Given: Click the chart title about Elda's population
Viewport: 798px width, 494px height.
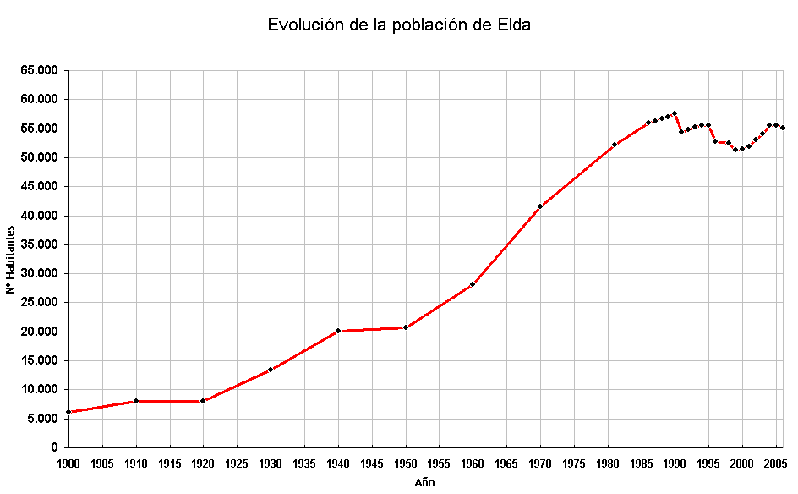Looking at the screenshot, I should [x=399, y=25].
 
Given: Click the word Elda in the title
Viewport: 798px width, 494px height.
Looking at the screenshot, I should [x=514, y=25].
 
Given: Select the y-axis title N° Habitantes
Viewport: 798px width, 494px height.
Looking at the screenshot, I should [x=10, y=259].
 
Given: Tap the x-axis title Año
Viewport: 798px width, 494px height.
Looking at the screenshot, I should [x=425, y=483].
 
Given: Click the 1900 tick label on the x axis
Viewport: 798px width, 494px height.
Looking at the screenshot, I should [x=68, y=464].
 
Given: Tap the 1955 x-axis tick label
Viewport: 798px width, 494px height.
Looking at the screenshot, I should [x=439, y=464].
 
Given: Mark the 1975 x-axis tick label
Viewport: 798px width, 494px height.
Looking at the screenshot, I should [x=574, y=464].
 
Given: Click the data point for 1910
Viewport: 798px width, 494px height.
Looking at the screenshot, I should [x=136, y=401].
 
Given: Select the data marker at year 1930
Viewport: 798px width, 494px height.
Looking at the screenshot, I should [x=271, y=370].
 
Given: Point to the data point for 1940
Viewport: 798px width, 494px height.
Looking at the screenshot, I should [x=338, y=331].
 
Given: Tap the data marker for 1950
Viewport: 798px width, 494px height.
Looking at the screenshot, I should [x=406, y=327].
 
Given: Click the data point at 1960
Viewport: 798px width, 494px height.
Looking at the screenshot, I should [x=473, y=284].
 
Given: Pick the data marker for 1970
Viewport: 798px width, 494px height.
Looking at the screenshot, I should [x=540, y=206].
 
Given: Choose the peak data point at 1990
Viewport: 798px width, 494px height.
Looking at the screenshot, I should [x=675, y=113].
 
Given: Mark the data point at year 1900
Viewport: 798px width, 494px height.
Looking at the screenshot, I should [x=68, y=412].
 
